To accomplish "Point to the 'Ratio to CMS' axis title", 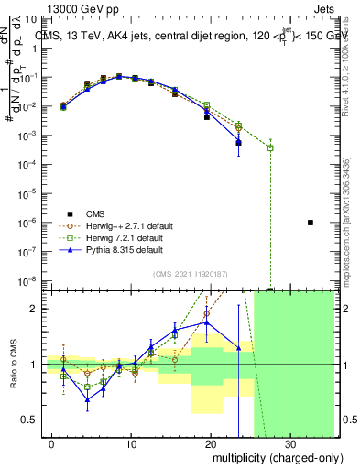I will click(x=13, y=365).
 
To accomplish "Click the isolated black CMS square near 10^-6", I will click(x=311, y=223).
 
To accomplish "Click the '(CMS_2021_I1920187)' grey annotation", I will click(x=190, y=272).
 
